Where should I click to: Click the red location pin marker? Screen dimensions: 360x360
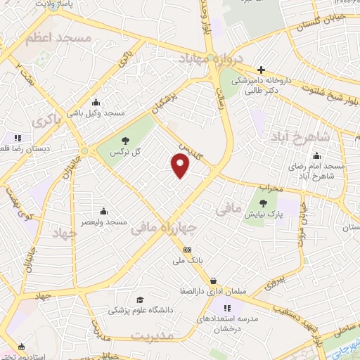point(181,165)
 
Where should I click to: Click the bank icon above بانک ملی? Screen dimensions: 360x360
point(187,250)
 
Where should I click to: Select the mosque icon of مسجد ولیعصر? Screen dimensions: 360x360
point(104,211)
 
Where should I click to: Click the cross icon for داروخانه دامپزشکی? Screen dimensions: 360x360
point(261,70)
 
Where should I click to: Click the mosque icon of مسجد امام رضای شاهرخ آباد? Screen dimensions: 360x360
point(317,156)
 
